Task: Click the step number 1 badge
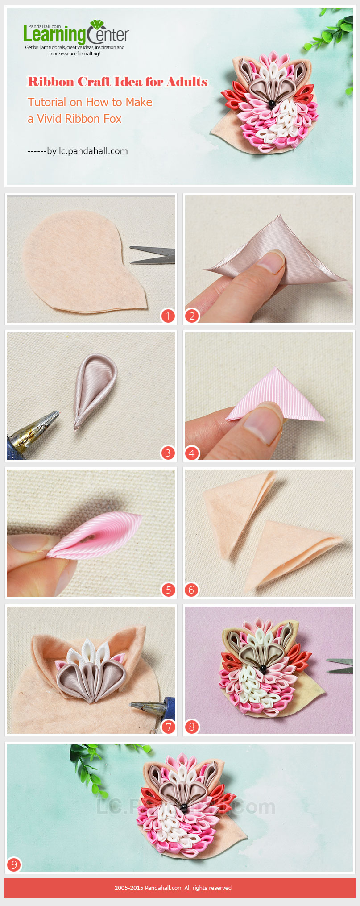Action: [x=168, y=316]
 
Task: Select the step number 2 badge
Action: [x=192, y=316]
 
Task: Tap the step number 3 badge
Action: [x=168, y=453]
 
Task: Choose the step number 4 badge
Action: [x=192, y=453]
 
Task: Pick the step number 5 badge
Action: [x=168, y=590]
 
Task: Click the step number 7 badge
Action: [x=168, y=727]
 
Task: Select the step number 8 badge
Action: [x=192, y=727]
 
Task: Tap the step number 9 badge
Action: [x=14, y=865]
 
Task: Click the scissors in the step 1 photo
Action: [x=153, y=255]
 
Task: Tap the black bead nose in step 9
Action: [x=183, y=807]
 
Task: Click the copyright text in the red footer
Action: [x=173, y=888]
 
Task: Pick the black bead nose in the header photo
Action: [x=271, y=104]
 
